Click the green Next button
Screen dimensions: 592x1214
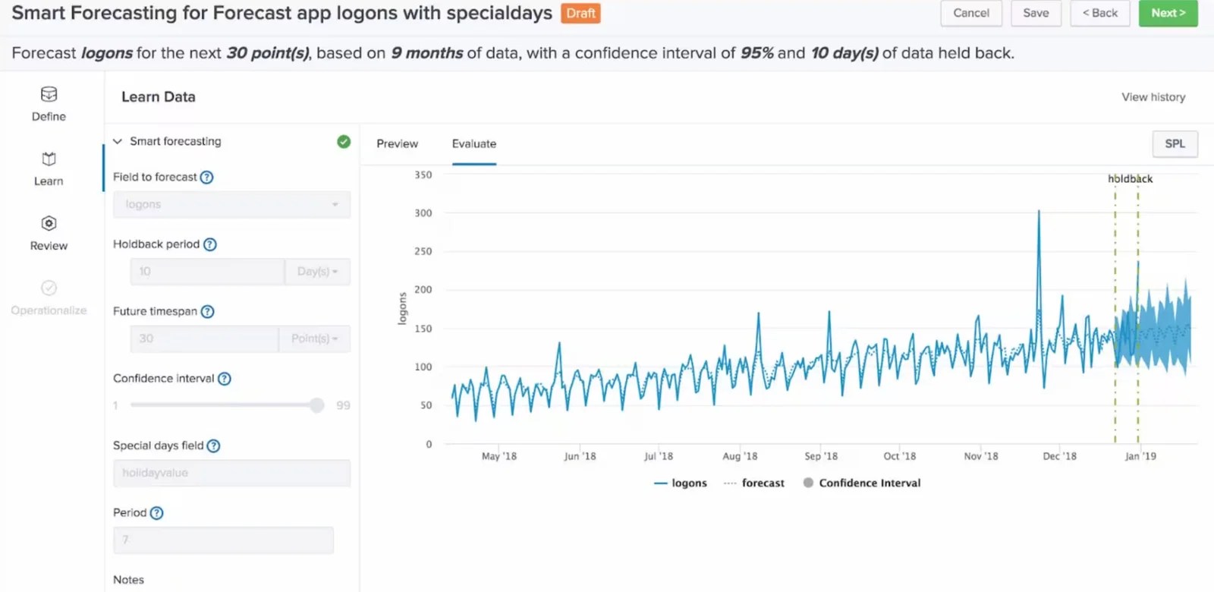pyautogui.click(x=1167, y=13)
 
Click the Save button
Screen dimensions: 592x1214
pyautogui.click(x=1035, y=13)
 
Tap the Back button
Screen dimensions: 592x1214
pyautogui.click(x=1099, y=13)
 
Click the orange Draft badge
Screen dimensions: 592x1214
pyautogui.click(x=580, y=14)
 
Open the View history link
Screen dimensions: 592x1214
pyautogui.click(x=1153, y=97)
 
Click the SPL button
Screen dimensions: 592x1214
pyautogui.click(x=1174, y=143)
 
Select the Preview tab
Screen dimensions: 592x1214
pyautogui.click(x=397, y=143)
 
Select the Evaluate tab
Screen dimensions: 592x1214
pyautogui.click(x=473, y=143)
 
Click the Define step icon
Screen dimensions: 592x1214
pyautogui.click(x=49, y=95)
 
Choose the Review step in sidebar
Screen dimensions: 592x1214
pyautogui.click(x=49, y=232)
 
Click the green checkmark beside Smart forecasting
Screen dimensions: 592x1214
pyautogui.click(x=344, y=141)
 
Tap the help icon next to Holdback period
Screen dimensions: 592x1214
pyautogui.click(x=210, y=244)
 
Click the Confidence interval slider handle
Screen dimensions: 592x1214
pyautogui.click(x=316, y=405)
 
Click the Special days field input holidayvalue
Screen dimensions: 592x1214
pyautogui.click(x=231, y=473)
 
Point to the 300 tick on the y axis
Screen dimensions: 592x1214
pyautogui.click(x=423, y=213)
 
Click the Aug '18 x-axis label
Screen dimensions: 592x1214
pyautogui.click(x=739, y=456)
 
